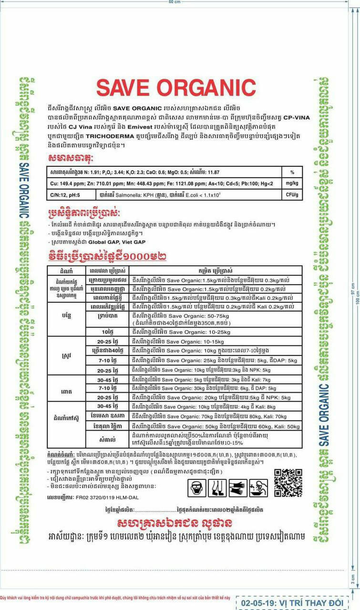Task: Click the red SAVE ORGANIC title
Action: pyautogui.click(x=176, y=88)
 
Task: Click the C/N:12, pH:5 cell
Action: pyautogui.click(x=66, y=195)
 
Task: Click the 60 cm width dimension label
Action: pyautogui.click(x=175, y=2)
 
